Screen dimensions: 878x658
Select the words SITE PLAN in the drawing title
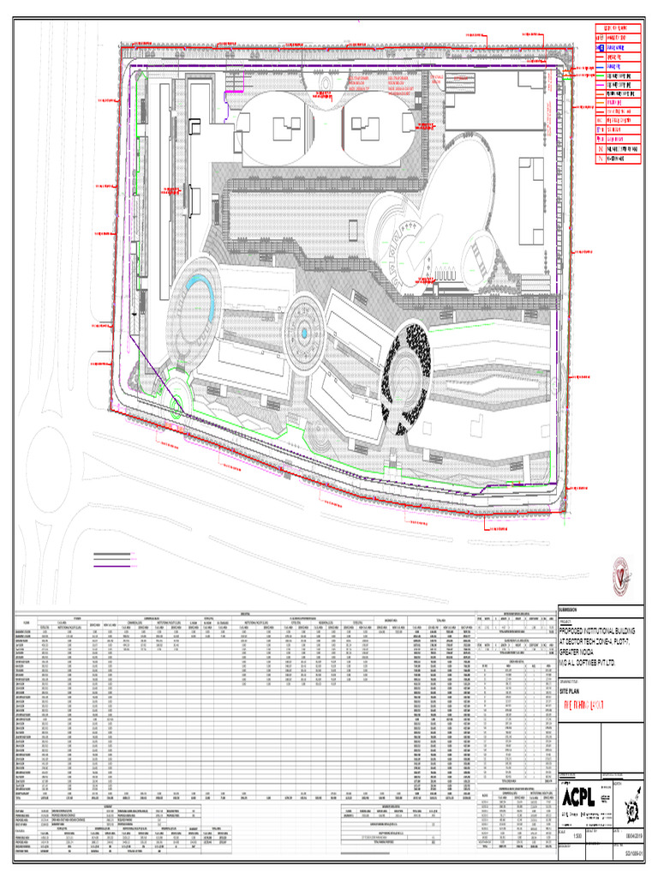(x=576, y=665)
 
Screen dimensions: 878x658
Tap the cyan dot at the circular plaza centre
(x=302, y=333)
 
